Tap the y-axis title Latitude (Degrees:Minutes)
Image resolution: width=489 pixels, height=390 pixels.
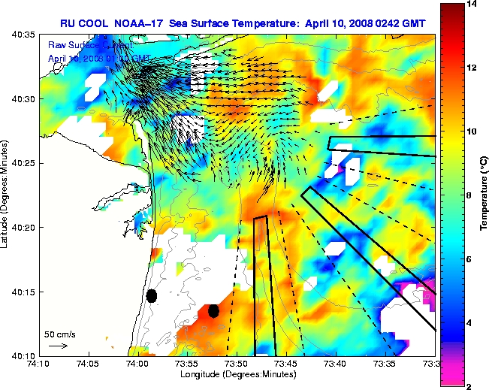pyautogui.click(x=6, y=194)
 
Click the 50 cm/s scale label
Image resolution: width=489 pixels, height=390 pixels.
pyautogui.click(x=57, y=333)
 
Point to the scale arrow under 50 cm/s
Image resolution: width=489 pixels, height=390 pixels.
pyautogui.click(x=58, y=346)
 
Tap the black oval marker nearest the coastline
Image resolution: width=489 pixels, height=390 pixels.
pyautogui.click(x=152, y=295)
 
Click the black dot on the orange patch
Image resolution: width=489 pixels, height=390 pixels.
pyautogui.click(x=213, y=310)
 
